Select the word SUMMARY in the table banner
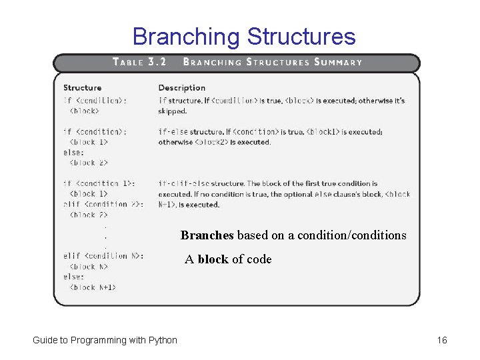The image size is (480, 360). pos(338,62)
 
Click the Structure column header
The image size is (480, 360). pos(82,87)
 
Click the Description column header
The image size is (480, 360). pos(181,87)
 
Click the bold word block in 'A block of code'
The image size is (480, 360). pos(213,259)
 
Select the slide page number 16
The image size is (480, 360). pos(442,341)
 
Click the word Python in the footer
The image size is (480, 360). pos(163,341)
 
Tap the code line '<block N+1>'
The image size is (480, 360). pos(93,287)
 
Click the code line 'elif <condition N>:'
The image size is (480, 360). pos(103,256)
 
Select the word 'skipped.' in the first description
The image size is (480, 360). pos(172,111)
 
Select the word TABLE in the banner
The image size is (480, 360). pos(128,62)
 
